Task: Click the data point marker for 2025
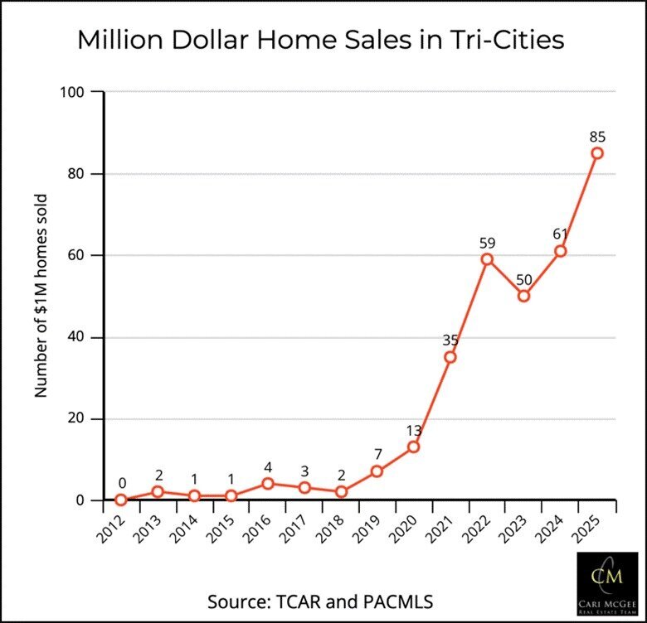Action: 597,153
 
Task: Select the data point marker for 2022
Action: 487,259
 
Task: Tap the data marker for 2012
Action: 121,500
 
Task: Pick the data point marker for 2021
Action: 450,357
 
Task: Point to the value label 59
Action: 487,244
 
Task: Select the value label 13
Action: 414,430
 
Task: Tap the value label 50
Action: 524,279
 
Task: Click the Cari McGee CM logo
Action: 607,585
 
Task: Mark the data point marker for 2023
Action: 524,296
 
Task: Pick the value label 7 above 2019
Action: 377,454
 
